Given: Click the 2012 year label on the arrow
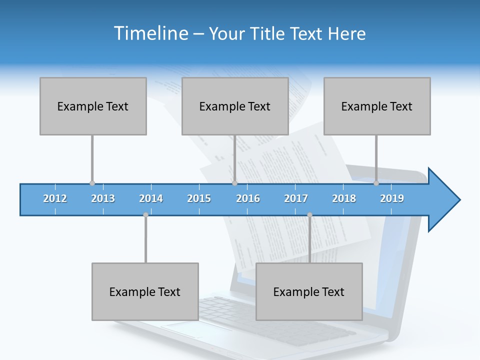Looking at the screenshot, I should (55, 198).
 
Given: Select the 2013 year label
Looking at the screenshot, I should (103, 198).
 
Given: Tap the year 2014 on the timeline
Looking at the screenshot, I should (151, 198).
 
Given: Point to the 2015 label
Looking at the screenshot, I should (199, 198).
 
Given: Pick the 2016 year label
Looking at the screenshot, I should (248, 198).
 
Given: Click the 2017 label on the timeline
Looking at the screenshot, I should (296, 198).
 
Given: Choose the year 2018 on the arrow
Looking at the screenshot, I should (344, 198).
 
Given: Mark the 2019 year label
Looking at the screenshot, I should (392, 198).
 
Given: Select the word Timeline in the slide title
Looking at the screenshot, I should (150, 33).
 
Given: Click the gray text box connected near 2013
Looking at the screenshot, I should (93, 106).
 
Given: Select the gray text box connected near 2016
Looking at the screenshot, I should (235, 106).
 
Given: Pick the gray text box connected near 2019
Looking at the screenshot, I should (377, 106).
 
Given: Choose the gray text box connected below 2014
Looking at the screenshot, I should (145, 291).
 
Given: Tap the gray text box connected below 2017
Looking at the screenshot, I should (309, 291).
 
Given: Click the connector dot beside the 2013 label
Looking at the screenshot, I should (92, 183).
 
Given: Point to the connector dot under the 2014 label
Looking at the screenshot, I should (145, 215).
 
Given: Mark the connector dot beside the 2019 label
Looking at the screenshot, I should (376, 183).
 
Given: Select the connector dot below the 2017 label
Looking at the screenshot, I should (309, 215).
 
